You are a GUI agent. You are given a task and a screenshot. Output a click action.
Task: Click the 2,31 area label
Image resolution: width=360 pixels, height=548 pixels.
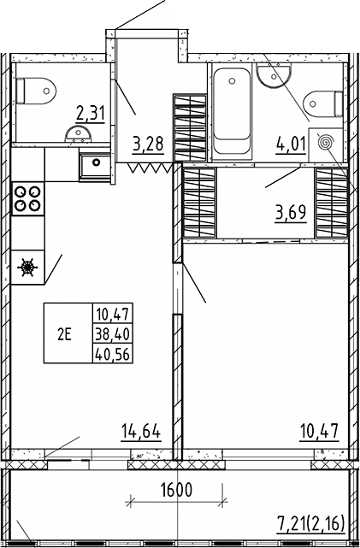click(x=90, y=114)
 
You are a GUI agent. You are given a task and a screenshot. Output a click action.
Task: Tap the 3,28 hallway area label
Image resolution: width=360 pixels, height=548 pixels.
click(x=148, y=144)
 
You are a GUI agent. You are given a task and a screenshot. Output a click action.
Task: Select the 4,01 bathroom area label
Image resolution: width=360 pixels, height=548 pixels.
click(x=291, y=144)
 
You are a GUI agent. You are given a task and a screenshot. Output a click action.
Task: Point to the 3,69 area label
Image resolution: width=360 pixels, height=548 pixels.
click(x=291, y=214)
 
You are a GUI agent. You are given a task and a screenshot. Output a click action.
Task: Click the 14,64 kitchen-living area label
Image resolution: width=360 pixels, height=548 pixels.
click(x=141, y=432)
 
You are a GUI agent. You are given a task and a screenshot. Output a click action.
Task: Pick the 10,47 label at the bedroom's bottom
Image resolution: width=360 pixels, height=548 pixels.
click(x=320, y=432)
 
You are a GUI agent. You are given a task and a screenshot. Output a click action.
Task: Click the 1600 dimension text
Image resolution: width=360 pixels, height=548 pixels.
click(x=176, y=490)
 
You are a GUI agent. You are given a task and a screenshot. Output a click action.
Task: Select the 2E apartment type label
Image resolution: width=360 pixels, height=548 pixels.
click(x=64, y=335)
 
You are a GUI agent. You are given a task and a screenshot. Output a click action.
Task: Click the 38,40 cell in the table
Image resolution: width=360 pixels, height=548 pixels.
click(x=112, y=335)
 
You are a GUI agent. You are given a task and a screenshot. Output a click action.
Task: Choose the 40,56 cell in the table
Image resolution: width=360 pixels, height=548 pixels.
click(x=112, y=355)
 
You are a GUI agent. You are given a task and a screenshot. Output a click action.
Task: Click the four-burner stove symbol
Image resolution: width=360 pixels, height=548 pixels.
click(x=28, y=198)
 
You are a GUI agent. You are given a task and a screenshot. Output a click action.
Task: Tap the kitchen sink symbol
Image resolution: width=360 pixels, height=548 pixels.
click(x=95, y=163)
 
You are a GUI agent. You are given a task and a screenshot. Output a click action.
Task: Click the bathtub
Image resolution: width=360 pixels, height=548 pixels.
click(x=232, y=111)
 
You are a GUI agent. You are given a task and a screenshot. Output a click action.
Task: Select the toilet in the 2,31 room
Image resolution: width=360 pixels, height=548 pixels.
click(x=36, y=91)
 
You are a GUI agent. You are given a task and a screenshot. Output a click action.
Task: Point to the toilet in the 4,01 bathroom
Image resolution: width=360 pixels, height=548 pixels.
click(x=323, y=103)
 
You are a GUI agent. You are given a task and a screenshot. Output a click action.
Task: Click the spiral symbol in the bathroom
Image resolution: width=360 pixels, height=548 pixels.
click(x=326, y=143)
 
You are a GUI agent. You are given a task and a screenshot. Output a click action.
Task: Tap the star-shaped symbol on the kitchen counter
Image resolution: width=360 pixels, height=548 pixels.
click(x=27, y=268)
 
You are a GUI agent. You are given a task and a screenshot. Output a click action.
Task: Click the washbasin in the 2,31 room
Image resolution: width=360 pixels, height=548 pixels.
click(x=79, y=134)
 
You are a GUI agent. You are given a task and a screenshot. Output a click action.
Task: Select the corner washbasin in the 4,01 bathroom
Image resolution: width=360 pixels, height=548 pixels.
click(x=274, y=74)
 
